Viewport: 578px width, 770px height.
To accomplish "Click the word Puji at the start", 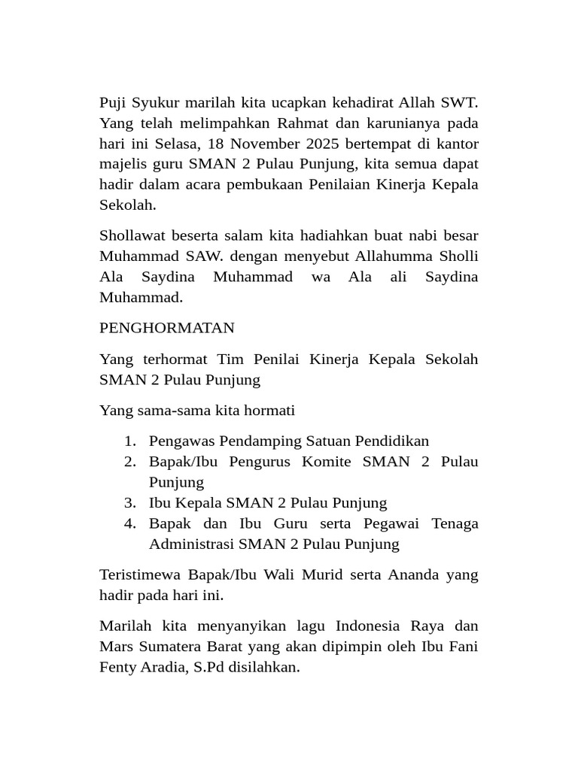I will tap(112, 102).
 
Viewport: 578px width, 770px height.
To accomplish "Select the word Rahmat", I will tap(305, 123).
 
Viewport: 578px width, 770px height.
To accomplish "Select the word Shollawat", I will tap(133, 235).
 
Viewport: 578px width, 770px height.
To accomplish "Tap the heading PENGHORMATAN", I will tap(167, 328).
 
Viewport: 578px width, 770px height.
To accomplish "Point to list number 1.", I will tap(130, 441).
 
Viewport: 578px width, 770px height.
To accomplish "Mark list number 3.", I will tap(130, 502).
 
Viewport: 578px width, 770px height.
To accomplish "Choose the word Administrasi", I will tap(191, 544).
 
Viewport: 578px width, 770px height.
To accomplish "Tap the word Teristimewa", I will tap(141, 574).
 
